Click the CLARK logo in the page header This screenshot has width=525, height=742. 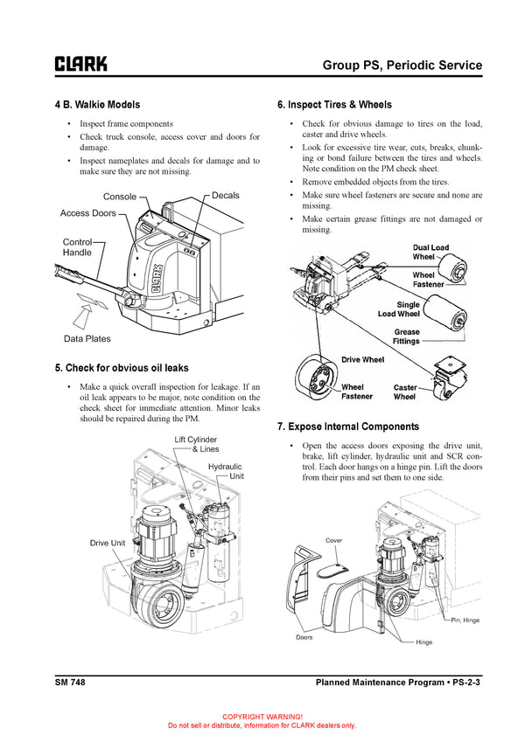81,64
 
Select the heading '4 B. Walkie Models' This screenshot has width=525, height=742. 97,105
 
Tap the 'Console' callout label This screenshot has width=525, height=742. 120,197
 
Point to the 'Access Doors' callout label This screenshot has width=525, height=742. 87,213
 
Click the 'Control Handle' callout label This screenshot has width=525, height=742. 77,247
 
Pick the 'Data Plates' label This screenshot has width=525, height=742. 87,338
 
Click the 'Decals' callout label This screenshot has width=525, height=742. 225,196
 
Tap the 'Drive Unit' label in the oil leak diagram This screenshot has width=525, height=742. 108,543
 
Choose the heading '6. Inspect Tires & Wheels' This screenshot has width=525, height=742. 333,105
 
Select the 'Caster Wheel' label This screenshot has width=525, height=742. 405,392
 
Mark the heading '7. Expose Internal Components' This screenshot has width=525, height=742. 347,426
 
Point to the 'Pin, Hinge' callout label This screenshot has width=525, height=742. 465,620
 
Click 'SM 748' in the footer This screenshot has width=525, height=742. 69,681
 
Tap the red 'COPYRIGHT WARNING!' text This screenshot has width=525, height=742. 262,716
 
